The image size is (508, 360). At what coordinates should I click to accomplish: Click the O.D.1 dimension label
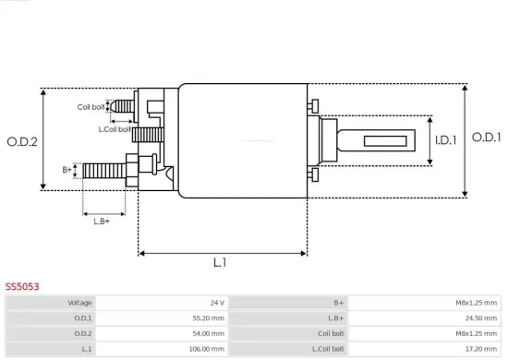point(486,137)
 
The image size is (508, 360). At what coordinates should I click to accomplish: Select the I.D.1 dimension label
point(446,140)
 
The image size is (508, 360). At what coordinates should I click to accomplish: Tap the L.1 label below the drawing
point(220,263)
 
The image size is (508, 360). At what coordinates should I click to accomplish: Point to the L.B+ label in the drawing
point(102,220)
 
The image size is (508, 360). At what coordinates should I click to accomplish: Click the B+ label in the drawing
point(67,170)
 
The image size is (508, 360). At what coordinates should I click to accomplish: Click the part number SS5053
point(22,287)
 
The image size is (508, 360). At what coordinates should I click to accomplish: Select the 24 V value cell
point(217,303)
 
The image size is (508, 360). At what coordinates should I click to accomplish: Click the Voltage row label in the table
point(79,303)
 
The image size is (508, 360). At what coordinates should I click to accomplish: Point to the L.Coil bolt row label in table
point(328,349)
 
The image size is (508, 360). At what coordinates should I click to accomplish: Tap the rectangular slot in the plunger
point(381,141)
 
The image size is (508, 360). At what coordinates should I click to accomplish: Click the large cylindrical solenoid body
point(242,140)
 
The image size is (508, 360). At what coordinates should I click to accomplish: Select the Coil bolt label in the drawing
point(91,107)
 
